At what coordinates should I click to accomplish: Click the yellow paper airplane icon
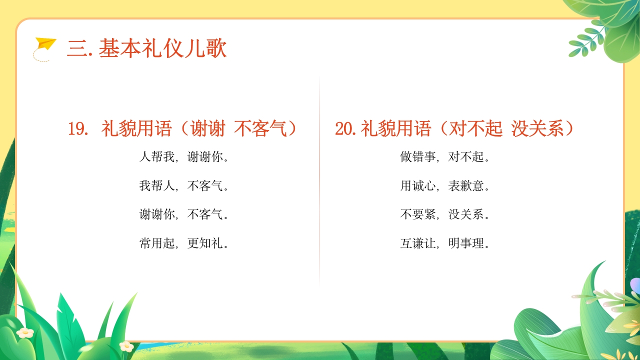[45, 44]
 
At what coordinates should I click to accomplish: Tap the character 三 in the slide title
[76, 49]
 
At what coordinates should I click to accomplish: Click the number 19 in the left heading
[78, 129]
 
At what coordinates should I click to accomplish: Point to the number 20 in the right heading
[345, 129]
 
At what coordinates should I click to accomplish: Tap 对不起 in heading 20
[476, 129]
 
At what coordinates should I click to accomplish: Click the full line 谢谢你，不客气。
[184, 214]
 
